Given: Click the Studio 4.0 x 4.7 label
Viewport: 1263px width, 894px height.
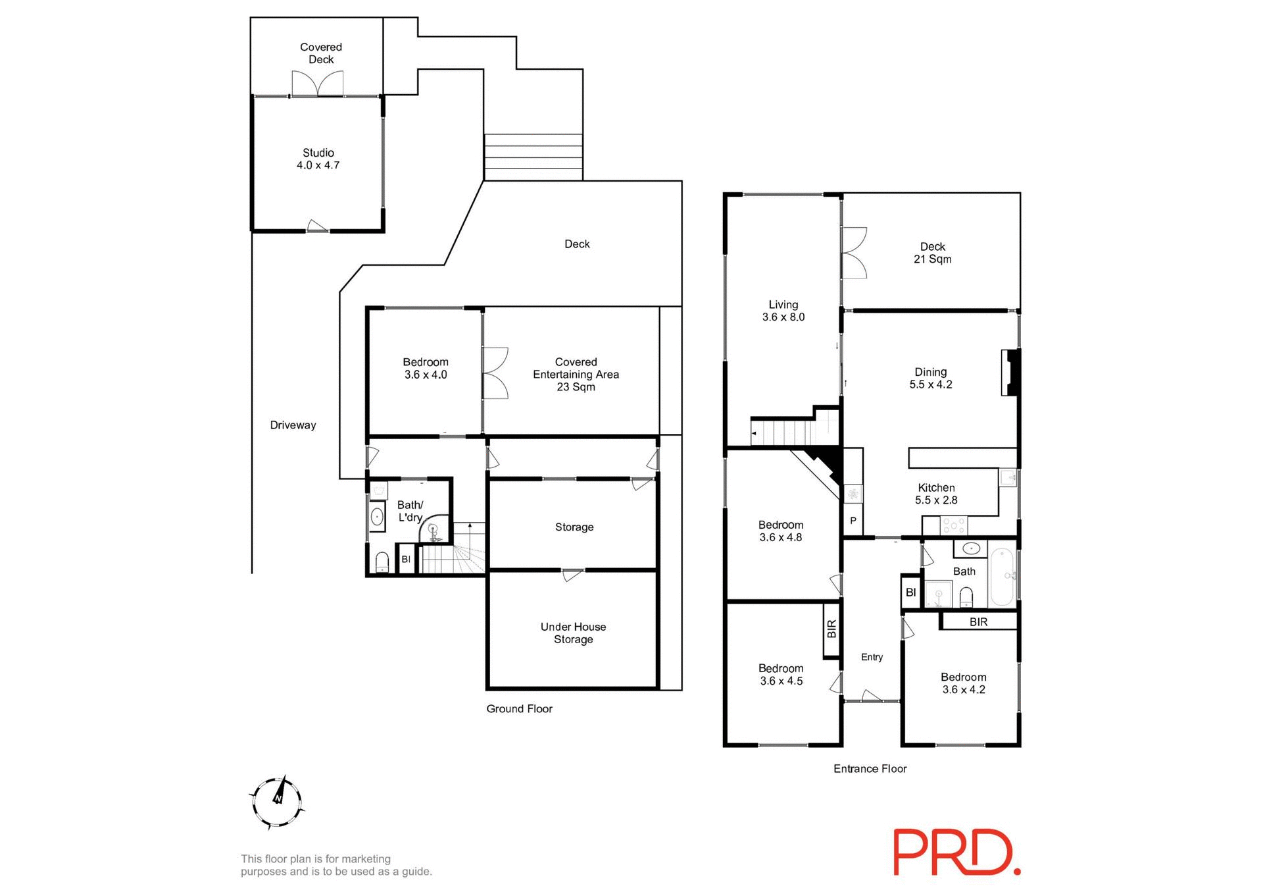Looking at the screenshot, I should click(x=318, y=159).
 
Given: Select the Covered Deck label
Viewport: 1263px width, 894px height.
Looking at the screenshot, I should click(x=321, y=53).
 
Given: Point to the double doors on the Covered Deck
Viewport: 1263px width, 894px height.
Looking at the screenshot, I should click(x=318, y=84).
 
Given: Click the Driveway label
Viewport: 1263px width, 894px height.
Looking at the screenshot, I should click(x=293, y=425).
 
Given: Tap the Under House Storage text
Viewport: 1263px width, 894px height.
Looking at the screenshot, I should click(x=573, y=633).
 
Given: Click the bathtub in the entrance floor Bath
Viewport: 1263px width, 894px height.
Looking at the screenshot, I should click(x=1003, y=577).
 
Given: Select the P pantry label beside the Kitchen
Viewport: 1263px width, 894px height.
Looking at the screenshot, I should click(x=853, y=521).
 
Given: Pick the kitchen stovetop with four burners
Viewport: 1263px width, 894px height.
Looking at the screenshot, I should click(x=954, y=525).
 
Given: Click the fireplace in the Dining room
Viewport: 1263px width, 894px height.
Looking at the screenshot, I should click(x=1010, y=373).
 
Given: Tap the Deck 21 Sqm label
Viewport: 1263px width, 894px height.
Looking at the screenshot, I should click(x=932, y=253).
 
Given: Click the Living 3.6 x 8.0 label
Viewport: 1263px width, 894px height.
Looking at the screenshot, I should click(x=783, y=311).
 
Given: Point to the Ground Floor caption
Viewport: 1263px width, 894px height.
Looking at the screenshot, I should click(x=519, y=708).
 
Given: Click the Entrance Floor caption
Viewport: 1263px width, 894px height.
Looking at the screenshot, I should click(x=870, y=768).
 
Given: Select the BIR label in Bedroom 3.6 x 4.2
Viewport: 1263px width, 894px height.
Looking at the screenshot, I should click(x=978, y=622).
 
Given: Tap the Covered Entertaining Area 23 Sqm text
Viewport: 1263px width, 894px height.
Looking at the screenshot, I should click(x=576, y=374).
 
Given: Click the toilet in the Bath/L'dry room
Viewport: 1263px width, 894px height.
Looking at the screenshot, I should click(x=382, y=562).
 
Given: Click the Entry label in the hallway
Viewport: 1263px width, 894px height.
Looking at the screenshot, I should click(x=872, y=657).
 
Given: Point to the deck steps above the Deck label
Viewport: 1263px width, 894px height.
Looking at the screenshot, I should click(x=533, y=157).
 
